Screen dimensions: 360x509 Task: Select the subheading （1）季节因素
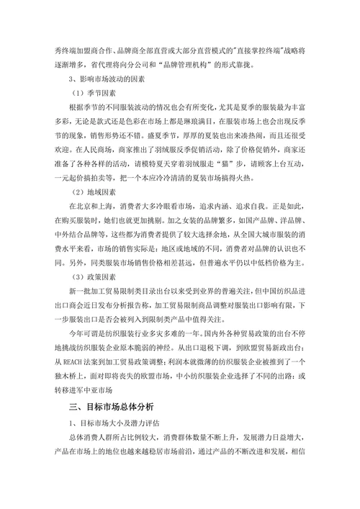(x=92, y=94)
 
